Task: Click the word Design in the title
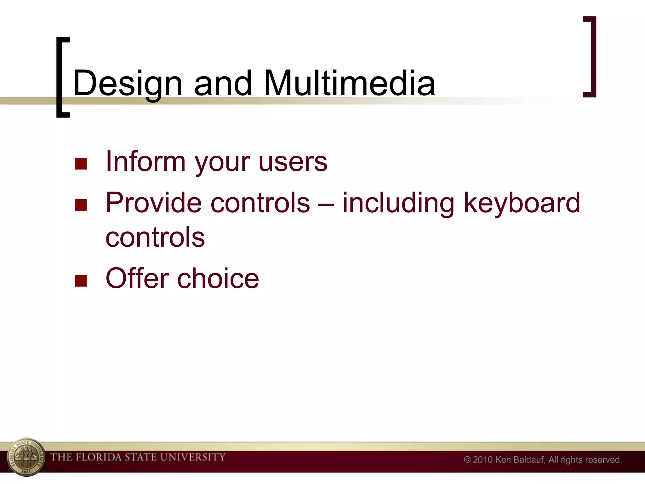pyautogui.click(x=128, y=84)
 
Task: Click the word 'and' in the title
pyautogui.click(x=223, y=83)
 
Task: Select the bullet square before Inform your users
pyautogui.click(x=81, y=164)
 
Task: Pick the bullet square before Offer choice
pyautogui.click(x=81, y=281)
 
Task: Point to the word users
pyautogui.click(x=293, y=162)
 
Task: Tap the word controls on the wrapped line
pyautogui.click(x=155, y=237)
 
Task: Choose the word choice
pyautogui.click(x=218, y=279)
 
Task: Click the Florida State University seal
pyautogui.click(x=26, y=457)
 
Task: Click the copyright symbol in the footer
pyautogui.click(x=467, y=460)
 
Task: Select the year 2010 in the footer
pyautogui.click(x=482, y=460)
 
